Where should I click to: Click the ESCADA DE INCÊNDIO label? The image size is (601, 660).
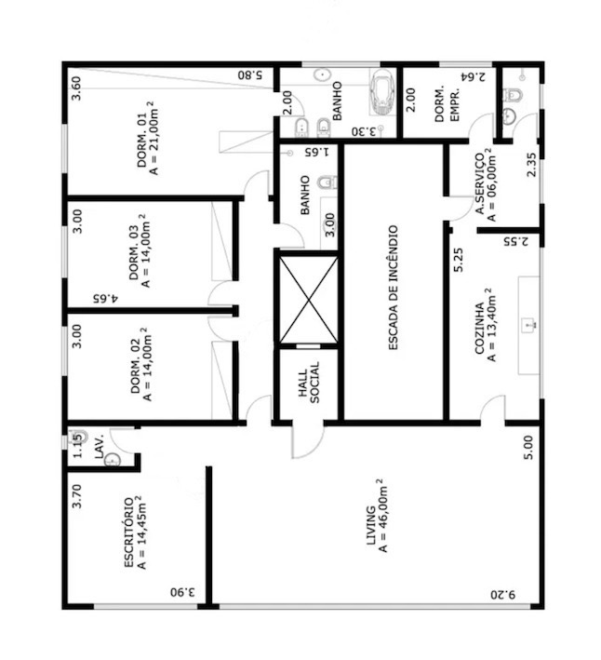coord(392,288)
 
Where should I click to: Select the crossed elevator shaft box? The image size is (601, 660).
coord(308,299)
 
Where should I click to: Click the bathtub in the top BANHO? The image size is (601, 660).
coord(381,92)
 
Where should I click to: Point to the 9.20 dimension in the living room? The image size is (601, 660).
coord(503,595)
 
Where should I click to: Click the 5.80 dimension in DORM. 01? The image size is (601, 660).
coord(250,75)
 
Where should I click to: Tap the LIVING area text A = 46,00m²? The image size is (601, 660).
coord(383,516)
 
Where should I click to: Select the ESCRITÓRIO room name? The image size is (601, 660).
coord(129,532)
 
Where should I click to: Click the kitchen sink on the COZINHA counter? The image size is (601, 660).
coord(528,325)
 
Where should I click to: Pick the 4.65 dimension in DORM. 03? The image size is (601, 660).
coord(105,299)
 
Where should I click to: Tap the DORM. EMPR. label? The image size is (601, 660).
coord(447,104)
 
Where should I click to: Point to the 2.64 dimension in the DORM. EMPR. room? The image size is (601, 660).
coord(473,76)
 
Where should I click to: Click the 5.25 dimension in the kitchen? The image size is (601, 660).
coord(459,260)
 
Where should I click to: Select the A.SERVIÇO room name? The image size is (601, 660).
coord(479,183)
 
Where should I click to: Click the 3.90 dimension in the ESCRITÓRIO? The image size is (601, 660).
coord(183,592)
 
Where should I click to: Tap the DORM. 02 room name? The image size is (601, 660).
coord(135,366)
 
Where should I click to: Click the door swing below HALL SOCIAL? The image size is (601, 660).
coord(307,439)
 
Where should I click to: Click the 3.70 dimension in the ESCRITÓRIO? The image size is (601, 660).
coord(77,496)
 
